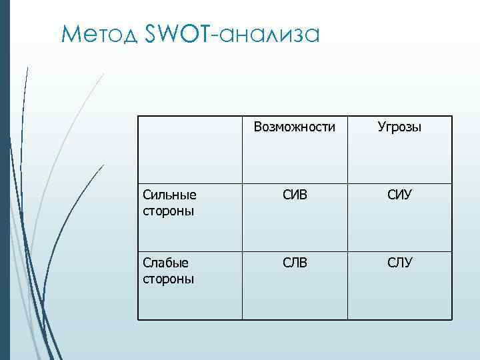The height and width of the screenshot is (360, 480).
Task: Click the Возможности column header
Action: (x=295, y=127)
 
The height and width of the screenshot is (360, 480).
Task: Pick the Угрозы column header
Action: (x=399, y=127)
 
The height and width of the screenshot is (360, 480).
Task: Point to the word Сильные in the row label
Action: (x=169, y=195)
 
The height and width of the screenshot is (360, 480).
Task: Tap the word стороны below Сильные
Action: (x=168, y=211)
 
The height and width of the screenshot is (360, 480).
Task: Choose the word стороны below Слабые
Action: (x=168, y=278)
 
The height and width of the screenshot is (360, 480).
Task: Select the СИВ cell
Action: (x=295, y=196)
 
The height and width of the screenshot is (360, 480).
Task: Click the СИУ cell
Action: (x=399, y=196)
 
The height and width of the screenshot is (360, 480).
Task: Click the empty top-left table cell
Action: (x=190, y=150)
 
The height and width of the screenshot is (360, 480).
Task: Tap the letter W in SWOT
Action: (x=167, y=33)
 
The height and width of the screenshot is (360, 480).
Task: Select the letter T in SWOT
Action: (x=203, y=33)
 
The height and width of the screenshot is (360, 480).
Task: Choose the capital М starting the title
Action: (x=69, y=33)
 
